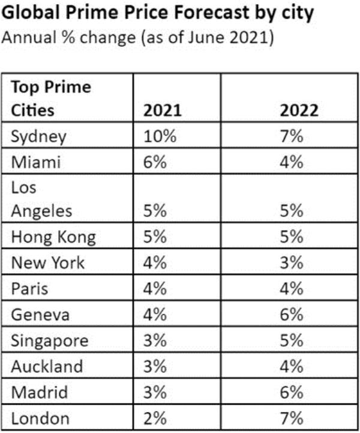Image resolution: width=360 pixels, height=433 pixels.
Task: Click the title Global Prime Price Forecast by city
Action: [x=158, y=13]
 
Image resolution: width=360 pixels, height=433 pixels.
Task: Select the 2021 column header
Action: [x=160, y=111]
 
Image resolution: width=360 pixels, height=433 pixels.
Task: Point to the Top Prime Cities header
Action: [x=51, y=99]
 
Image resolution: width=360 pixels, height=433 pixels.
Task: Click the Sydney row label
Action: [x=38, y=137]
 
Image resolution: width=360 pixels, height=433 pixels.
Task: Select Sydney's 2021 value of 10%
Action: [x=160, y=137]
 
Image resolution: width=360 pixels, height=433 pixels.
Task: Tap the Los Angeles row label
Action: [x=42, y=200]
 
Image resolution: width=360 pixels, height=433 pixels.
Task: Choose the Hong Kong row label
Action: [x=53, y=237]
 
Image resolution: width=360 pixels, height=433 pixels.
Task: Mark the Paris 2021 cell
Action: [x=156, y=289]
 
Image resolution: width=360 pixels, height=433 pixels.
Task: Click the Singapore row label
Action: [x=50, y=341]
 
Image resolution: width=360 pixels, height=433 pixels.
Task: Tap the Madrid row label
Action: [x=39, y=392]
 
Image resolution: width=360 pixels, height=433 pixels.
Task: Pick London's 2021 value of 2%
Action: [x=156, y=418]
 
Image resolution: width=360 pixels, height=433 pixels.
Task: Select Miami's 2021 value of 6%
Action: [x=156, y=163]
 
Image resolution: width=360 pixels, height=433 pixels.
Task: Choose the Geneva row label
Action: [x=40, y=315]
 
